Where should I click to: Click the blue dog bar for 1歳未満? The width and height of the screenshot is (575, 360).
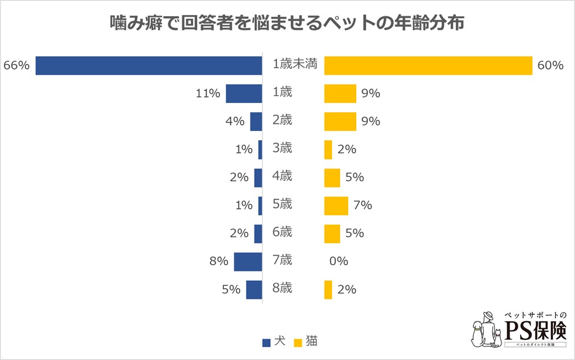[x=149, y=65]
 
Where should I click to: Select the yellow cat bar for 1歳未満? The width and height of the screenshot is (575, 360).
[x=427, y=65]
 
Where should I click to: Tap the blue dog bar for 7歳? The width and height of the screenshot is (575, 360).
[x=248, y=262]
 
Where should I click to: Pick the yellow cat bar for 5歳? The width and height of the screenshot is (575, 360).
[x=336, y=205]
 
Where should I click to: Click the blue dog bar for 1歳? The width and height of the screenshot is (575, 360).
[x=244, y=93]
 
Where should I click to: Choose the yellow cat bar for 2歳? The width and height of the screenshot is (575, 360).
[x=340, y=122]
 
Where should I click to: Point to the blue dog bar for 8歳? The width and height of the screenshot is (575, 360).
[x=254, y=289]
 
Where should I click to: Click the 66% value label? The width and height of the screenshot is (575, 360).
[x=16, y=65]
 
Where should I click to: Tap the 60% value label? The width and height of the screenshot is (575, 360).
[x=550, y=65]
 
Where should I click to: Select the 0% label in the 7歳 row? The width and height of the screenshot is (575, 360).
[x=338, y=262]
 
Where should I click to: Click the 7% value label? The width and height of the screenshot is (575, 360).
[x=362, y=205]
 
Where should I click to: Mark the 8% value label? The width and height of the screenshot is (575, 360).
[x=219, y=262]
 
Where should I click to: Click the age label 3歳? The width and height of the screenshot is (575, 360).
[x=282, y=148]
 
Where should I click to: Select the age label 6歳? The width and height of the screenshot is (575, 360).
[x=282, y=232]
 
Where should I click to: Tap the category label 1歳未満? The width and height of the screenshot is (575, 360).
[x=295, y=65]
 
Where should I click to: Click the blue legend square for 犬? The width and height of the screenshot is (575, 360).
[x=266, y=343]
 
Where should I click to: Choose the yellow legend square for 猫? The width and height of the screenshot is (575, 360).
[x=299, y=343]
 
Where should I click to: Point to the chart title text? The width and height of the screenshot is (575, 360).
[x=287, y=24]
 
